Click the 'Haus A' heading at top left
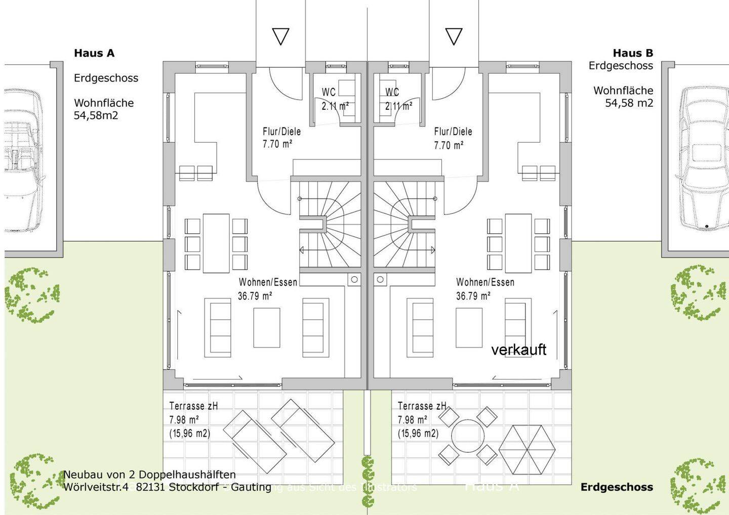tap(94, 53)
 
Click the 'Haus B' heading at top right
tap(632, 53)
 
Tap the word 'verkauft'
tap(518, 350)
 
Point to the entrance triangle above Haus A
tap(280, 36)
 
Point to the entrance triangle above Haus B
tap(454, 36)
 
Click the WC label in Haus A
tap(329, 92)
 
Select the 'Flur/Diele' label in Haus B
tap(453, 132)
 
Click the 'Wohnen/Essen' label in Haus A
tap(268, 282)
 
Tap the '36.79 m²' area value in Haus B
tap(473, 296)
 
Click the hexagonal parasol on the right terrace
tap(527, 449)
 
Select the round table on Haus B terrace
tap(468, 437)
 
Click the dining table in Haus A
tap(216, 243)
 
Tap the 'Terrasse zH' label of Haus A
tap(193, 406)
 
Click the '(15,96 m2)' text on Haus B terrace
tap(418, 434)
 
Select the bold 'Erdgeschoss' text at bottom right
tap(617, 487)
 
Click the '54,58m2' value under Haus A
tap(96, 115)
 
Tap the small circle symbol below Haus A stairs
tap(354, 279)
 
